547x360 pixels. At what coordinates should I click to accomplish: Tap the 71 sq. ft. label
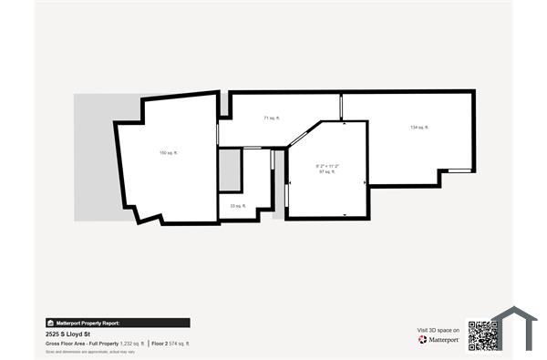(x=272, y=118)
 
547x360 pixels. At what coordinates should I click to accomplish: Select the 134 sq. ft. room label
(x=419, y=128)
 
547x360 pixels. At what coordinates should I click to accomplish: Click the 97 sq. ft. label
(x=327, y=171)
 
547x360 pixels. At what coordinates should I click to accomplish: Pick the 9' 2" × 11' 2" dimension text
(x=327, y=165)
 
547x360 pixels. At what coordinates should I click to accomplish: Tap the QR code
(x=481, y=334)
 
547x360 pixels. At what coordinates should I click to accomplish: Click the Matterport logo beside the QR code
(x=438, y=340)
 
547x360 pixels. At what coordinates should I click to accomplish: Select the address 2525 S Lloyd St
(x=68, y=334)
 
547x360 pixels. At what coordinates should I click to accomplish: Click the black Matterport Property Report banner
(x=118, y=323)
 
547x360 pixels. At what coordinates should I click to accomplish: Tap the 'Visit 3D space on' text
(x=438, y=330)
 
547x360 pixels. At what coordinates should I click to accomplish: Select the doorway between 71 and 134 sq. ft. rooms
(x=342, y=108)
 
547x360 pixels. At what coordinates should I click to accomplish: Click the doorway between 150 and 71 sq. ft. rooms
(x=218, y=132)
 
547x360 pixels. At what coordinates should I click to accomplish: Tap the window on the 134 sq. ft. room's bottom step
(x=456, y=170)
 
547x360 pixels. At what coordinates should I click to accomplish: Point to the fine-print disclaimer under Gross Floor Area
(x=91, y=351)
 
